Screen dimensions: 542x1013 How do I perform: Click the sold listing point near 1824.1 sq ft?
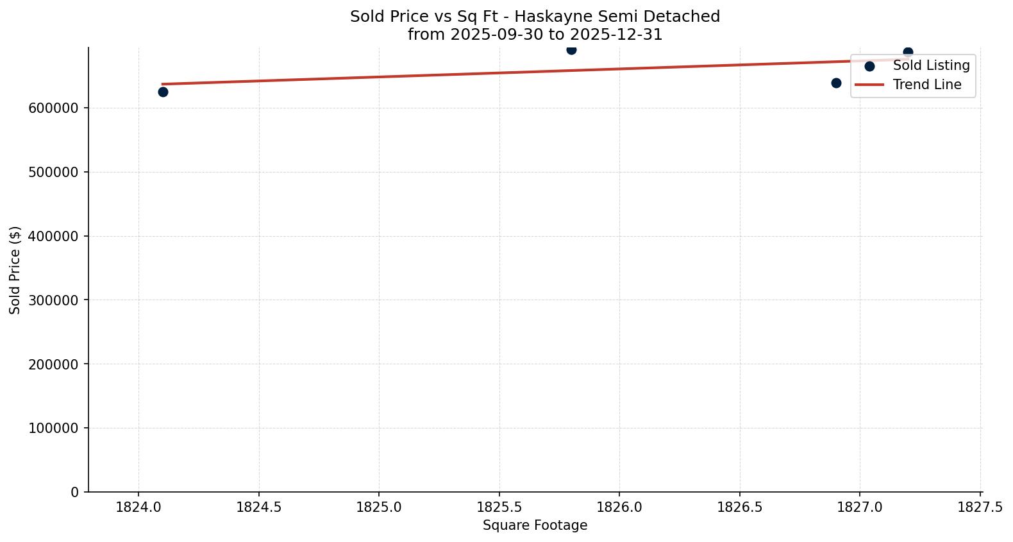pyautogui.click(x=163, y=92)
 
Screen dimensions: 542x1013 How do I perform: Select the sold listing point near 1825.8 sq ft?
pyautogui.click(x=571, y=49)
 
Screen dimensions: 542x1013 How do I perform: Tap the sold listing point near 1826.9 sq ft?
pyautogui.click(x=836, y=83)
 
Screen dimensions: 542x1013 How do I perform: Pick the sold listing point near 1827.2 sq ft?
pyautogui.click(x=908, y=52)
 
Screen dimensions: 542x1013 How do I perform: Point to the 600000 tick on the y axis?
pyautogui.click(x=54, y=108)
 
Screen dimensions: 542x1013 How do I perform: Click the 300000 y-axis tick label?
pyautogui.click(x=54, y=300)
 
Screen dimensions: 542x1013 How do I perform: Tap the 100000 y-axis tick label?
pyautogui.click(x=54, y=428)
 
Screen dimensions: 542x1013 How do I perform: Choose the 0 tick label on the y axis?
pyautogui.click(x=75, y=492)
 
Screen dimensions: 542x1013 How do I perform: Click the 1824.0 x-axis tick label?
pyautogui.click(x=138, y=507)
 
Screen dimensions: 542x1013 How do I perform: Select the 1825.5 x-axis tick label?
pyautogui.click(x=499, y=507)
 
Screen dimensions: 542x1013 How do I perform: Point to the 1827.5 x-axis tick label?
pyautogui.click(x=980, y=507)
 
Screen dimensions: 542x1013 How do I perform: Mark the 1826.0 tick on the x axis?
pyautogui.click(x=619, y=507)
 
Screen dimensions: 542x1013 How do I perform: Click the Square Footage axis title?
pyautogui.click(x=535, y=526)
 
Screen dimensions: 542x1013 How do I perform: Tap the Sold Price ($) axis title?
pyautogui.click(x=15, y=269)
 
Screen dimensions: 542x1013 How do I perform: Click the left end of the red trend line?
pyautogui.click(x=163, y=84)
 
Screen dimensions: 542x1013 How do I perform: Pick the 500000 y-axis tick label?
pyautogui.click(x=54, y=172)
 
